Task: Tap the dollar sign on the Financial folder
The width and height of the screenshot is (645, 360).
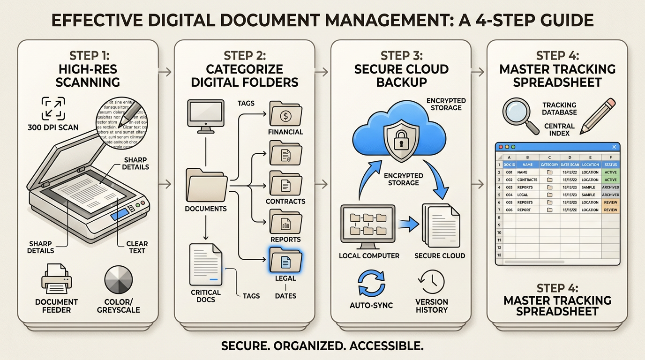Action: tap(285, 115)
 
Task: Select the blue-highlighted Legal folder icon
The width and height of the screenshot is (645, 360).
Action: tap(286, 261)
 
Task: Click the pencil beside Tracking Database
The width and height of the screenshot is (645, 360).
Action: tap(597, 116)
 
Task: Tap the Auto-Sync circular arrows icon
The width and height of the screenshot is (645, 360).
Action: tap(371, 282)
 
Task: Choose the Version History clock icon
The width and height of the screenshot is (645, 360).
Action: tap(431, 281)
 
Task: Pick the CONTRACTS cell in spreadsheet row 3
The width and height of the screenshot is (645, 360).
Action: tap(527, 180)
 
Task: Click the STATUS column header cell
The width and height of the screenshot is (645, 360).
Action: tap(610, 165)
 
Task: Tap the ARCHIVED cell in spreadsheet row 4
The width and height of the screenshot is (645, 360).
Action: tap(610, 187)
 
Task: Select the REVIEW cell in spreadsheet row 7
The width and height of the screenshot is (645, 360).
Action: tap(610, 210)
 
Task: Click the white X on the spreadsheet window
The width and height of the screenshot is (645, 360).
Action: tap(614, 147)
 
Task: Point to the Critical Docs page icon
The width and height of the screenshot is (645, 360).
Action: tap(206, 264)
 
